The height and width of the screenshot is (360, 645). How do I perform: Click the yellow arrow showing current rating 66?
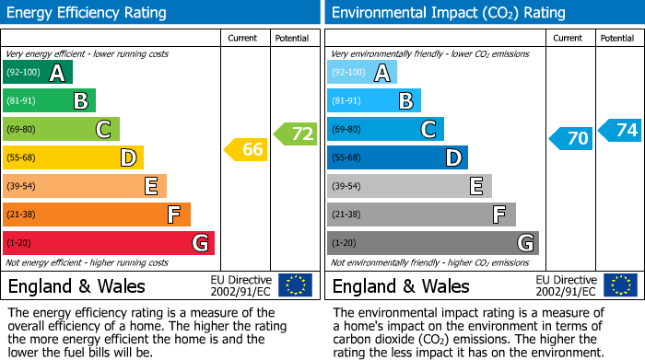coord(246,149)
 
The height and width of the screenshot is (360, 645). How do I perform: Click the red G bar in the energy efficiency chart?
coord(109,243)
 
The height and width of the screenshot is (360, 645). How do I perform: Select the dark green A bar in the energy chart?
coord(38,73)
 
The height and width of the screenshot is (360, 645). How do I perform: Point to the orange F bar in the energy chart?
coord(97,215)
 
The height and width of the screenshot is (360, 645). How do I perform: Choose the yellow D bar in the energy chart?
coord(73,157)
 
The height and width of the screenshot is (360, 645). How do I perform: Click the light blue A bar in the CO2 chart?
coord(362,73)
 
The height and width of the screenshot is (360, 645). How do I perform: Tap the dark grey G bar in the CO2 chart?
coord(432,243)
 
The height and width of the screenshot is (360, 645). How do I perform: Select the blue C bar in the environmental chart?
coord(385,130)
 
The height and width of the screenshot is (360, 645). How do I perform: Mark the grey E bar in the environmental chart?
coord(409,186)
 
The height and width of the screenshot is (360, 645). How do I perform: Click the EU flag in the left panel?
coord(295,285)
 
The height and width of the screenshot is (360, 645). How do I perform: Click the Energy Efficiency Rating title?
coord(88,13)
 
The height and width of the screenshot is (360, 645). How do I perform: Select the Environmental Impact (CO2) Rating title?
coord(448,13)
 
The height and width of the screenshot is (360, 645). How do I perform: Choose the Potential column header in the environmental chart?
coord(617,38)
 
